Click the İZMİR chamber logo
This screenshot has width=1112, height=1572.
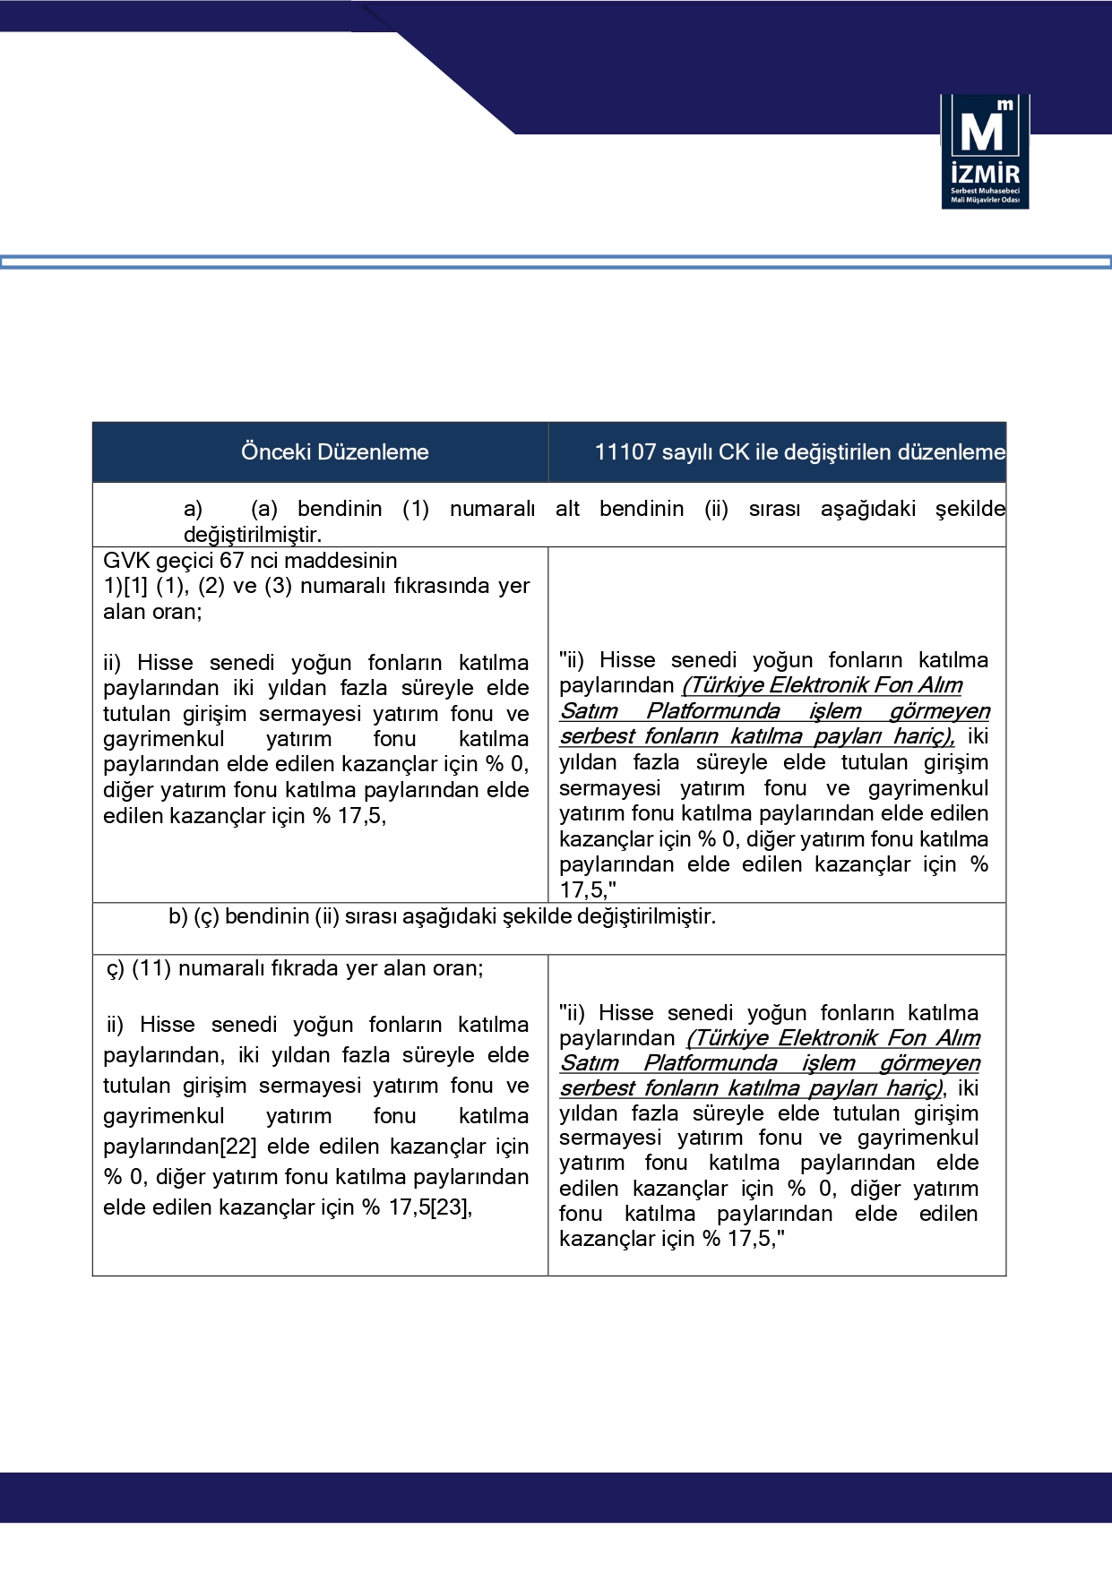[985, 151]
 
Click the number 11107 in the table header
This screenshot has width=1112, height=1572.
[625, 452]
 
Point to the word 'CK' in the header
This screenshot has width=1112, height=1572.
[733, 452]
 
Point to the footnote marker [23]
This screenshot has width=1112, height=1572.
[451, 1207]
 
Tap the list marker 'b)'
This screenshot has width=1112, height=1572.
[178, 916]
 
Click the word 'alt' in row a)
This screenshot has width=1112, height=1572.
[567, 509]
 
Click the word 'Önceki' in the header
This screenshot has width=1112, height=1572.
[274, 452]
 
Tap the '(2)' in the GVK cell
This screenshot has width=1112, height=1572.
[211, 586]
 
